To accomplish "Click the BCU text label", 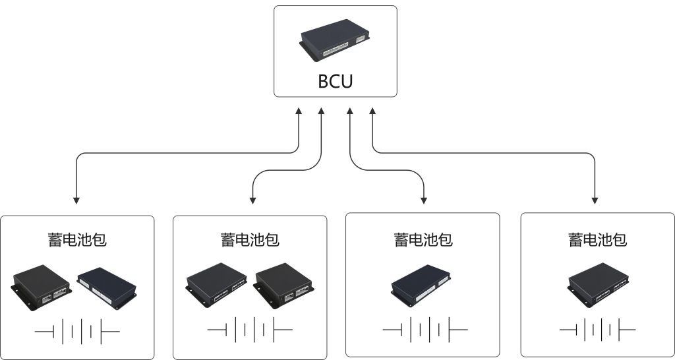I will pyautogui.click(x=336, y=81).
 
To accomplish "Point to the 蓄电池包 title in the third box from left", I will pyautogui.click(x=423, y=239).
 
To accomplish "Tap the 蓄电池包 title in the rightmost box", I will pyautogui.click(x=598, y=239).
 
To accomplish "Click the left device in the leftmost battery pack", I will pyautogui.click(x=42, y=285).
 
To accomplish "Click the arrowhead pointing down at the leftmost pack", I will pyautogui.click(x=76, y=198).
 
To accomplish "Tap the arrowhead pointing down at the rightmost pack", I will pyautogui.click(x=595, y=198).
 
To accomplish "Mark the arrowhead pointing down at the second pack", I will pyautogui.click(x=252, y=198).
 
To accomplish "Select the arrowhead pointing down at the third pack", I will pyautogui.click(x=424, y=198).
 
